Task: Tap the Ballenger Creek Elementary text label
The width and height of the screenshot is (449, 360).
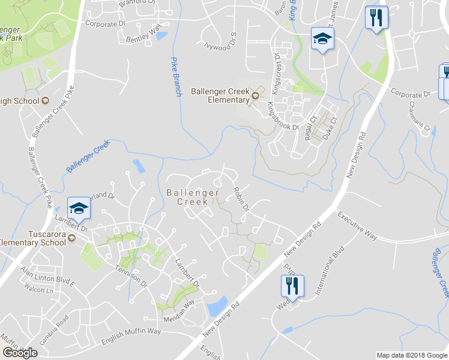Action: (220, 95)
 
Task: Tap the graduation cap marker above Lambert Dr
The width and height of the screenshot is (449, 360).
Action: (79, 208)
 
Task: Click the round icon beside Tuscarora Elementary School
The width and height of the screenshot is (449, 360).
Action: (72, 238)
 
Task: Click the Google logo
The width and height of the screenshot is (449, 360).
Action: (19, 353)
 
